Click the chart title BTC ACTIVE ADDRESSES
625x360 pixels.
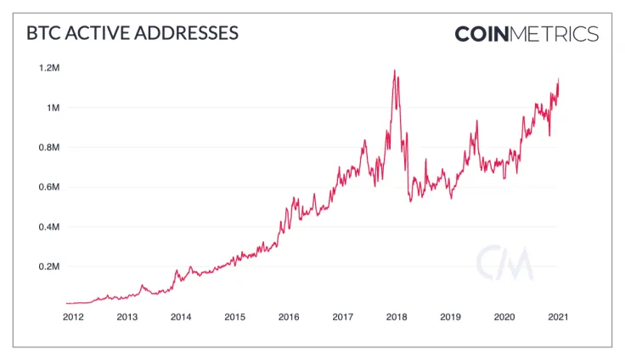pos(132,34)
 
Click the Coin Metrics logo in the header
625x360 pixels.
pos(526,34)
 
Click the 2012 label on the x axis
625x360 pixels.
pos(73,317)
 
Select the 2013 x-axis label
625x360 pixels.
pos(127,317)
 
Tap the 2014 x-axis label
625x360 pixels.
pos(181,317)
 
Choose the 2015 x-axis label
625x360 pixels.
pos(234,317)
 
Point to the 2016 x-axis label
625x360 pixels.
pos(289,317)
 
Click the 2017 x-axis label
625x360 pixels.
pos(342,317)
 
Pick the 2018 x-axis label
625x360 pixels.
pos(397,317)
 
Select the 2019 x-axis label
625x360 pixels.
pos(450,317)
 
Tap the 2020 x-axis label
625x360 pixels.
pos(504,317)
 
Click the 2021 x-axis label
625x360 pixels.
pos(557,317)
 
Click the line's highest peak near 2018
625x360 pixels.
pos(395,70)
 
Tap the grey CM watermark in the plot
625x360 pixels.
pos(504,262)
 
